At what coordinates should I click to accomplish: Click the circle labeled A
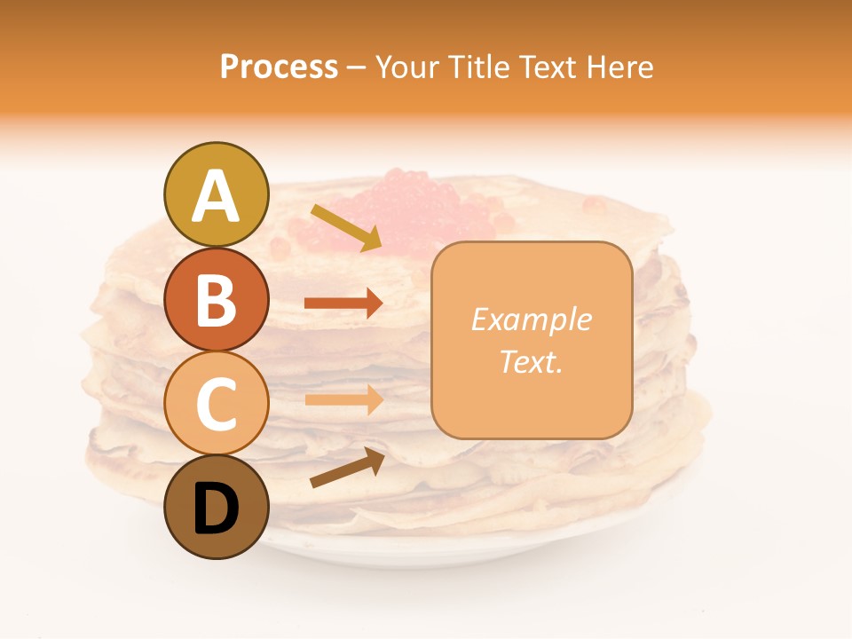point(216,194)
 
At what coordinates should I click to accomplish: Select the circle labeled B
point(216,299)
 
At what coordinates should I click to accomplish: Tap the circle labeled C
point(216,403)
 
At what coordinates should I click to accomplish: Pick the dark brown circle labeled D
point(216,507)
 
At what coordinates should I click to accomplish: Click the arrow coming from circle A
point(346,227)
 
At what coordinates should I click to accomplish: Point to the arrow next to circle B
point(343,304)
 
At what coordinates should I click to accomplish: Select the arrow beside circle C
point(343,400)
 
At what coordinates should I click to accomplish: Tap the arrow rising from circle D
point(347,468)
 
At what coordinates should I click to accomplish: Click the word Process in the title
point(279,67)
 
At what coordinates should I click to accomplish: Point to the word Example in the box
point(531,319)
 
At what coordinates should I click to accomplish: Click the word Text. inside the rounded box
point(531,361)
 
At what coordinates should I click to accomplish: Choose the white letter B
point(216,300)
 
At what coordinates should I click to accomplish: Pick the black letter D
point(216,509)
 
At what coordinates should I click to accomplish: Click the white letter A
point(216,196)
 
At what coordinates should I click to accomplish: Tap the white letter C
point(216,404)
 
